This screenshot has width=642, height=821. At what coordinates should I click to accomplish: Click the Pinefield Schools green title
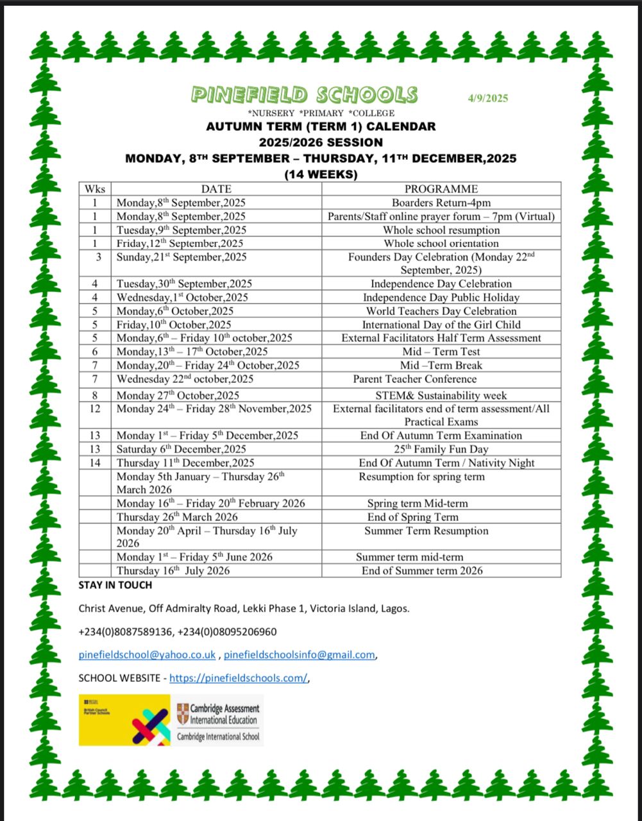304,96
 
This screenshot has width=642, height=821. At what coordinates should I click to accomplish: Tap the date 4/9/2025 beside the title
487,98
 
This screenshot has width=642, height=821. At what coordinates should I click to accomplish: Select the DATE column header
216,189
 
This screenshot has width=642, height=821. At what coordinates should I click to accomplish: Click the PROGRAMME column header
441,189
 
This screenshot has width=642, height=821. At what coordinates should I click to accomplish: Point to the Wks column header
95,189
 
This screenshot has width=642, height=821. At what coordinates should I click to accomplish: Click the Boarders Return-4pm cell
441,203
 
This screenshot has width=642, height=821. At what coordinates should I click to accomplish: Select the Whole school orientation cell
441,243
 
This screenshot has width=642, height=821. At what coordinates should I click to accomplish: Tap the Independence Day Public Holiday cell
441,297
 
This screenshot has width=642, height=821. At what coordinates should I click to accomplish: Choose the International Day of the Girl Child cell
441,325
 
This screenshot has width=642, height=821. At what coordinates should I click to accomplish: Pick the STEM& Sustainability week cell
441,395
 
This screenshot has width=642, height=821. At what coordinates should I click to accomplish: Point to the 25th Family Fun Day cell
441,449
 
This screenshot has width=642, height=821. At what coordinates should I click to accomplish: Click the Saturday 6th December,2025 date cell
181,449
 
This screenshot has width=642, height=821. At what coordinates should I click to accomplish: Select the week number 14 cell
95,462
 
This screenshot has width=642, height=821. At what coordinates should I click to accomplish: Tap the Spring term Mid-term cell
418,504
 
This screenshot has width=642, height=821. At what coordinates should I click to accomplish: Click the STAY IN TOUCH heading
115,585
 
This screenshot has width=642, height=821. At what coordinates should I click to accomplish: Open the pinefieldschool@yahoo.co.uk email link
147,655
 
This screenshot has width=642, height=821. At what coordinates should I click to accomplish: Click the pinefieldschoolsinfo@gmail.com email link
299,655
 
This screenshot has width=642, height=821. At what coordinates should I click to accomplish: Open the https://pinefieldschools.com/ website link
239,678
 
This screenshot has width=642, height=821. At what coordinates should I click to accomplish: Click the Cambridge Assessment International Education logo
218,720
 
